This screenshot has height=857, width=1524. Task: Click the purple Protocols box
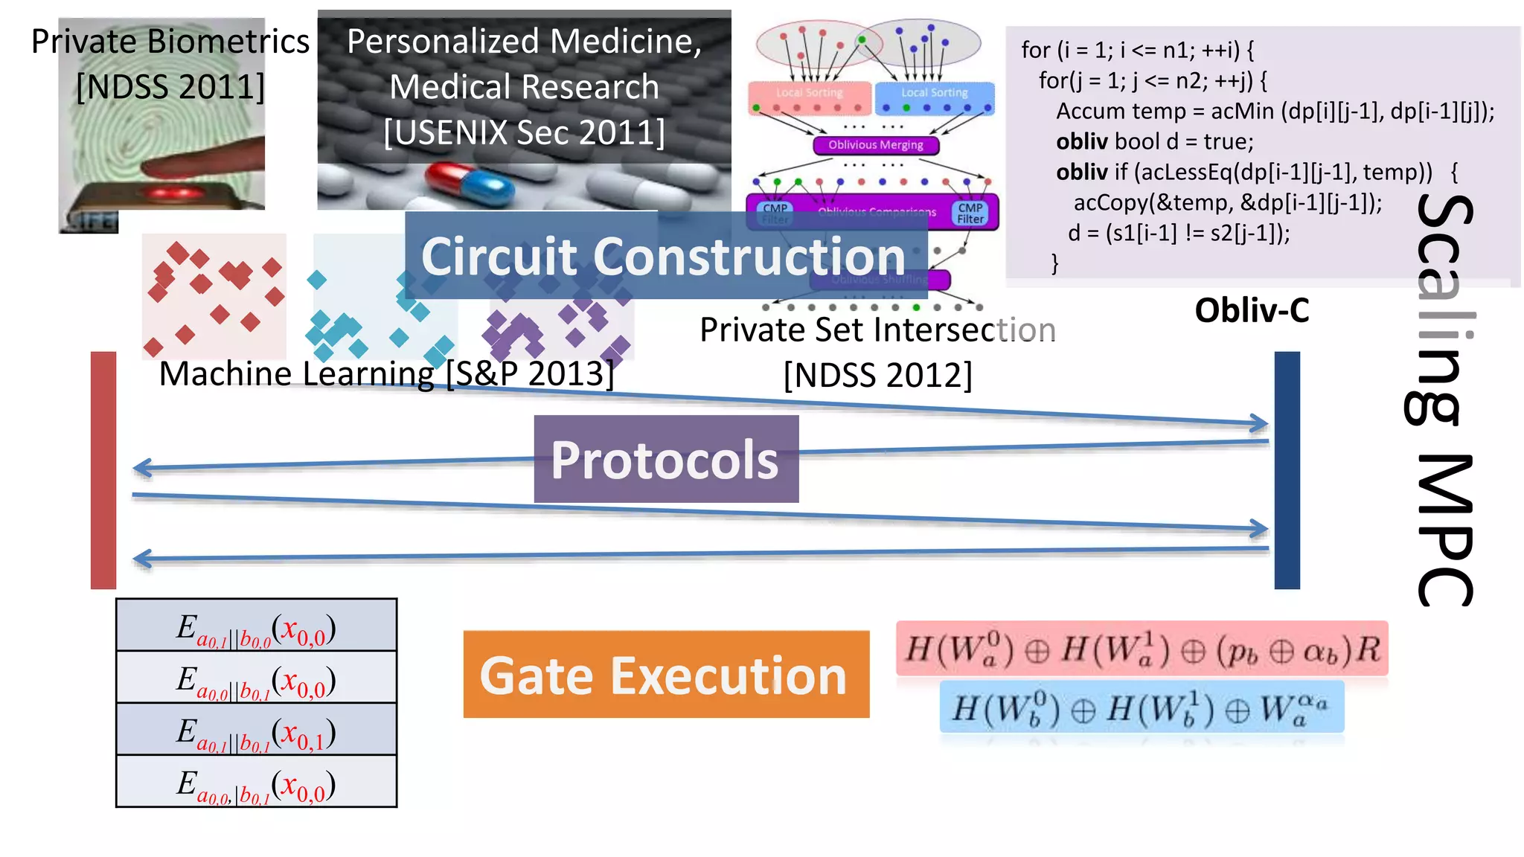pos(665,459)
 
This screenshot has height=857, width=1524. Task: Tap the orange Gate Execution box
pos(665,674)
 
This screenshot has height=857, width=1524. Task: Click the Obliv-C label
pos(1252,310)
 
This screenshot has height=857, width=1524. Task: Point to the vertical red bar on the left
pos(103,470)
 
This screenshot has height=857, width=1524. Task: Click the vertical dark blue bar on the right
pos(1287,470)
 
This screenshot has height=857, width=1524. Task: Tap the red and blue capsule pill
pos(470,184)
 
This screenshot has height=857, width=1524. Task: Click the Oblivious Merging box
pos(875,145)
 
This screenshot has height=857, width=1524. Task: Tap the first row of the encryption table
pos(256,626)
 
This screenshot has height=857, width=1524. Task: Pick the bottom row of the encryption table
pos(256,782)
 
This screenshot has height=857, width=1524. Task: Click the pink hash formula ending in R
pos(1142,649)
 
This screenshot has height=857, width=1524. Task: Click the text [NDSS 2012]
pos(877,375)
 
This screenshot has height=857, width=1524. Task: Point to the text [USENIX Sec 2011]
pos(524,132)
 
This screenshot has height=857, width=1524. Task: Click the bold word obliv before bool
pos(1081,141)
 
